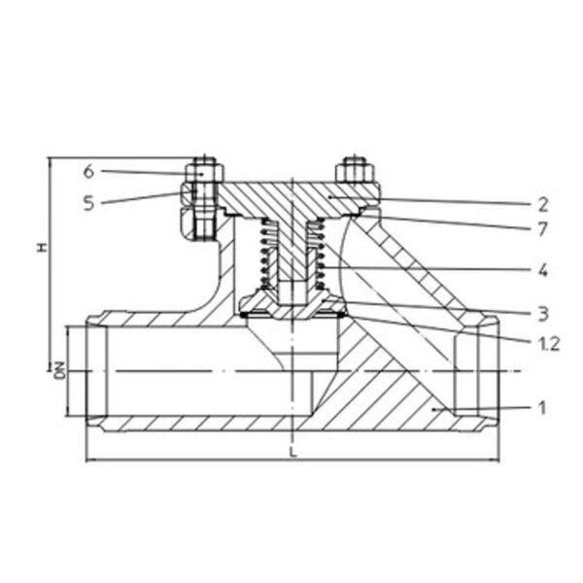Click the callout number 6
click(x=88, y=171)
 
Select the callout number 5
click(x=88, y=203)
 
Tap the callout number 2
click(x=543, y=205)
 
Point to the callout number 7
click(x=543, y=229)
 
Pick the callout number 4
click(x=543, y=269)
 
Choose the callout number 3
click(x=543, y=314)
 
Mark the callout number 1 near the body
click(x=542, y=407)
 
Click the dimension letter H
click(x=43, y=247)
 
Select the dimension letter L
click(x=293, y=452)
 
